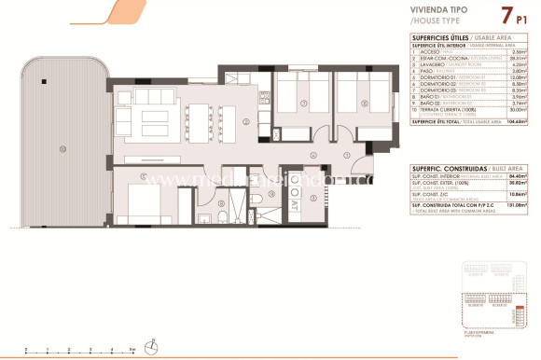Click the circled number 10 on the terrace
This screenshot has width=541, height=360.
coord(62,149)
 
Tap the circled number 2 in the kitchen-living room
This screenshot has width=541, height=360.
coord(245,122)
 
